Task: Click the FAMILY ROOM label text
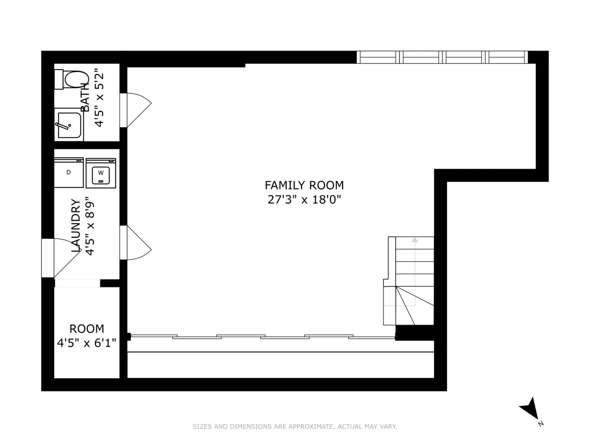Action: pyautogui.click(x=304, y=185)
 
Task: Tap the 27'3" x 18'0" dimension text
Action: pyautogui.click(x=304, y=200)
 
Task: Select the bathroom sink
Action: pyautogui.click(x=68, y=125)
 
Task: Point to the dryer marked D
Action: pyautogui.click(x=69, y=172)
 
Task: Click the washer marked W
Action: pyautogui.click(x=101, y=173)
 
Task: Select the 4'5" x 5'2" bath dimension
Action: pyautogui.click(x=100, y=98)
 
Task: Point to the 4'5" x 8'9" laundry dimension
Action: pyautogui.click(x=89, y=225)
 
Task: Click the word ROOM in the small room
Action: pyautogui.click(x=87, y=329)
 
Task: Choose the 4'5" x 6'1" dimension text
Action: pyautogui.click(x=87, y=342)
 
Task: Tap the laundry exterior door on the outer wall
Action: pyautogui.click(x=60, y=257)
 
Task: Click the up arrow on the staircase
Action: pyautogui.click(x=414, y=240)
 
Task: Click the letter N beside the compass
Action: pyautogui.click(x=540, y=423)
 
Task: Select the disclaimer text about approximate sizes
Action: pyautogui.click(x=295, y=427)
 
